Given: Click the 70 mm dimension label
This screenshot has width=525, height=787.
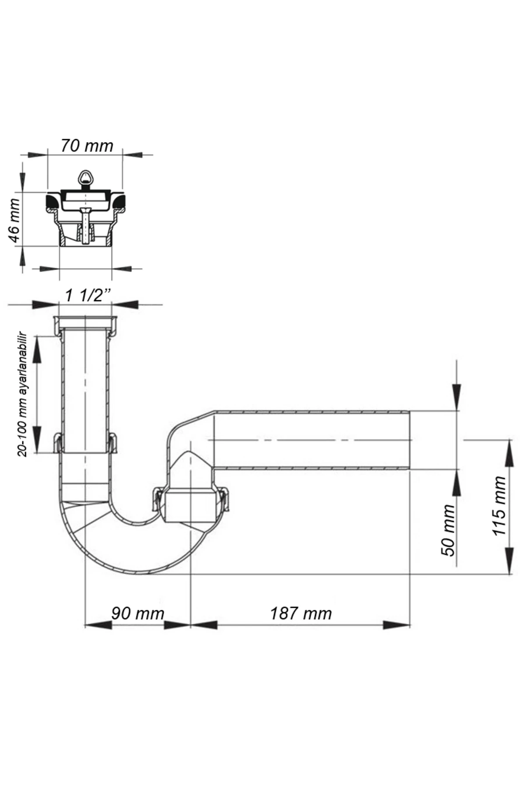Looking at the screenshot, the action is point(87,146).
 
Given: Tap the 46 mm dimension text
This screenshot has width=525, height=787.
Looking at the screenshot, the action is point(14,221).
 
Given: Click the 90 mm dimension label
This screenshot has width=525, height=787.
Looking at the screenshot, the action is point(138,613).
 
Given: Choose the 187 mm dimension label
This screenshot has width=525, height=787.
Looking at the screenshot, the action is point(301,613).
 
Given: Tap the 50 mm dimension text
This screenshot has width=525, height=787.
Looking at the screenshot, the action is point(448,530).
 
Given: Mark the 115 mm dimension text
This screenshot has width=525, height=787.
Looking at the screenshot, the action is point(499,506).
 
